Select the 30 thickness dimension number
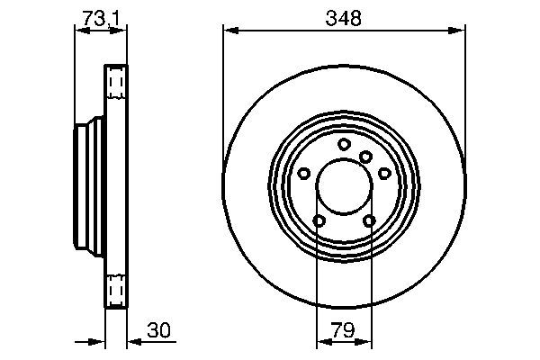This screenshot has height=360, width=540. [158, 330]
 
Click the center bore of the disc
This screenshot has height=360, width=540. [344, 185]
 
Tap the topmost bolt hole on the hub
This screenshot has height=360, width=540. [344, 144]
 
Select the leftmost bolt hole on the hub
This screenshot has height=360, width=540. [304, 173]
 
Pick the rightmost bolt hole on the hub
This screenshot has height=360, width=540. [384, 173]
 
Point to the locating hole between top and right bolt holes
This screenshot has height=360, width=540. [365, 157]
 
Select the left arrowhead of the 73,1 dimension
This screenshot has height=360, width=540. [80, 31]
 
